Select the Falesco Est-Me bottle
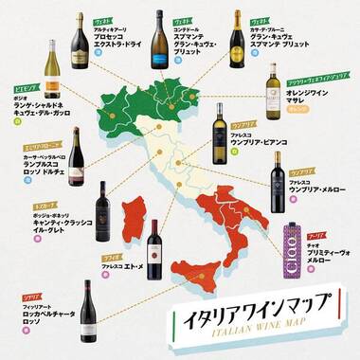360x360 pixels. coord(154,249)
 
